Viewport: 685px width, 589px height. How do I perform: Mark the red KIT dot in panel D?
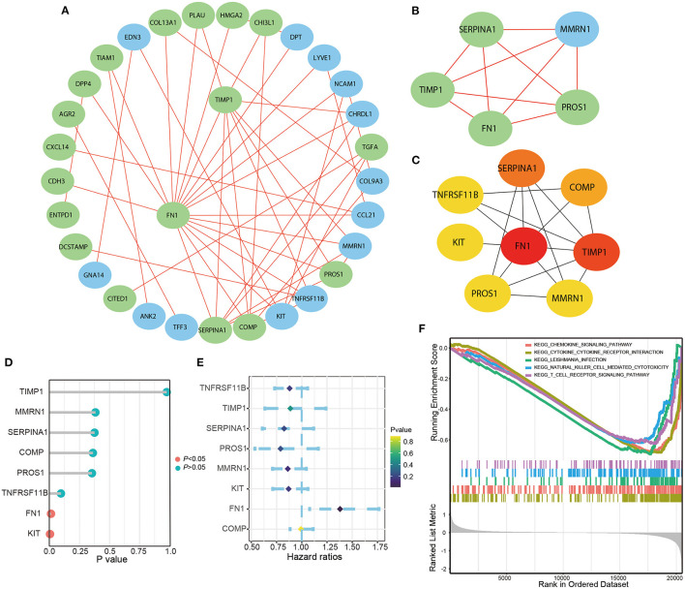(x=49, y=533)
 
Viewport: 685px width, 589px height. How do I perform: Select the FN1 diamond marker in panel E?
(x=341, y=508)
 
